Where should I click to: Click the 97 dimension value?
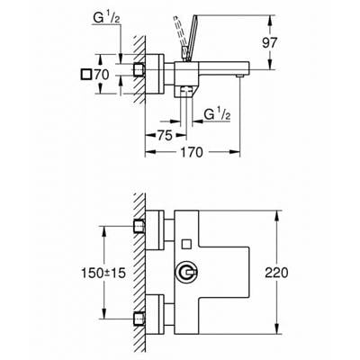click(269, 43)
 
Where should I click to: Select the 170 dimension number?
click(192, 152)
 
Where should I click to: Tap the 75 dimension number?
click(165, 136)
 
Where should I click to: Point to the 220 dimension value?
click(276, 273)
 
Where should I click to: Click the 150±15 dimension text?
click(103, 273)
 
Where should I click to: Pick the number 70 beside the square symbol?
click(102, 75)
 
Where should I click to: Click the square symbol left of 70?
click(86, 75)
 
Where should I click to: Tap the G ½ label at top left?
click(106, 19)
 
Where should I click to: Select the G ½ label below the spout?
click(217, 114)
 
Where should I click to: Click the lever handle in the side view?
click(191, 37)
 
